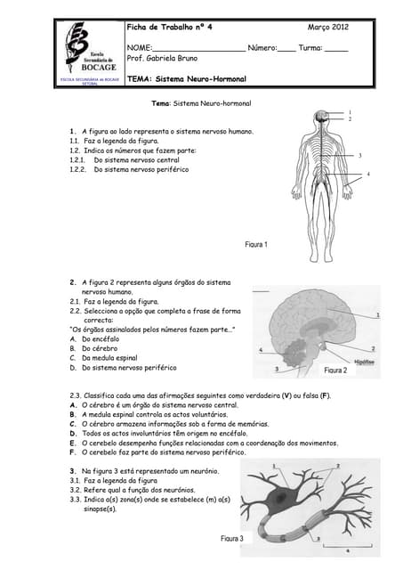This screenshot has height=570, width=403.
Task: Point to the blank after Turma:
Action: [336, 47]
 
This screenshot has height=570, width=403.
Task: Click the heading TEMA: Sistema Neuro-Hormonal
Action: [186, 79]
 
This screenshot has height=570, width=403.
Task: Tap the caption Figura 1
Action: [255, 244]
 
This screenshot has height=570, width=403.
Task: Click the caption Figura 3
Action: [232, 539]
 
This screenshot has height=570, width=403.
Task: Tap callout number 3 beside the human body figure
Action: [359, 156]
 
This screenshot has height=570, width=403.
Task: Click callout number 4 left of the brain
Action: [260, 350]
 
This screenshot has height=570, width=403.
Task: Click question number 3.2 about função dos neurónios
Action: [133, 490]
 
